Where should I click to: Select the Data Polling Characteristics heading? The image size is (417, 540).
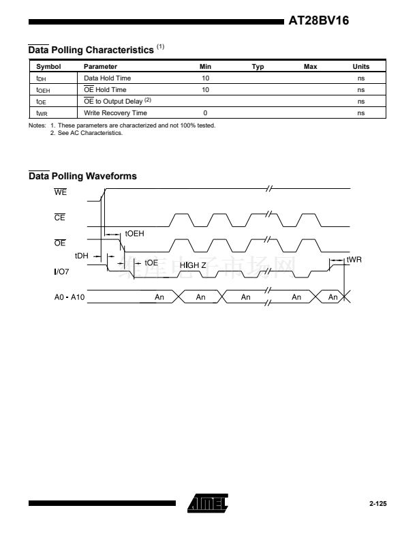click(91, 50)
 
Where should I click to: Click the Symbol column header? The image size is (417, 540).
click(48, 67)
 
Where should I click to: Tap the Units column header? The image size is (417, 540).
click(360, 67)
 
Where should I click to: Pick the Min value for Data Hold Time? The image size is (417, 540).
click(205, 78)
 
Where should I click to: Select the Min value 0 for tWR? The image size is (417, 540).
click(205, 113)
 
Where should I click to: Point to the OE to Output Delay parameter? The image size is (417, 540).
click(112, 102)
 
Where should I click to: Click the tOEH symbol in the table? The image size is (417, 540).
click(43, 90)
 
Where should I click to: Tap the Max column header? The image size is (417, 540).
click(310, 67)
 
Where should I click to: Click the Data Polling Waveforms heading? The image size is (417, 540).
click(82, 176)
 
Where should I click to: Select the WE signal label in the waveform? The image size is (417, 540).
click(61, 192)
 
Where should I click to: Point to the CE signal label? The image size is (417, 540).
click(60, 218)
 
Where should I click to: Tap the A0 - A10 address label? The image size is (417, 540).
click(69, 297)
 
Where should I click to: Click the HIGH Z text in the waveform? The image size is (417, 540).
click(193, 264)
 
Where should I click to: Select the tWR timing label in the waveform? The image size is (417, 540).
click(354, 260)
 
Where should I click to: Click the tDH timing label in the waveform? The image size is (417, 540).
click(82, 256)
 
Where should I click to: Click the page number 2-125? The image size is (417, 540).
click(377, 504)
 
